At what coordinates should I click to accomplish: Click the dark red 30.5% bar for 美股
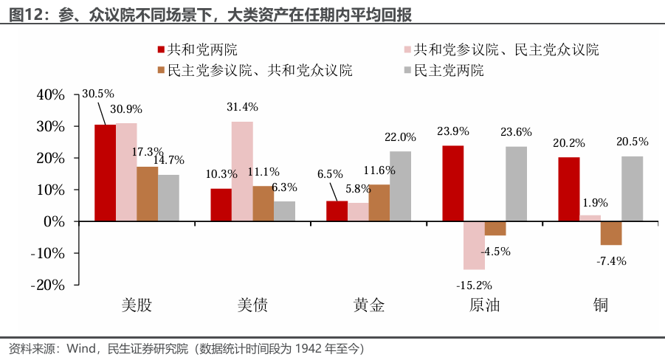point(105,173)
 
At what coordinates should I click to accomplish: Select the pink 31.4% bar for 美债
point(242,172)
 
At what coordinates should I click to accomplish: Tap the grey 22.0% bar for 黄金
point(400,187)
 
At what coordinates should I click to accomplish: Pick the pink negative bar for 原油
point(474,245)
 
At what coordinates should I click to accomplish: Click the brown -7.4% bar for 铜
point(610,233)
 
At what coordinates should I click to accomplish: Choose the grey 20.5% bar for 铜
point(632,189)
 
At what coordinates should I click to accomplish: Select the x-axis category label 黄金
point(369,305)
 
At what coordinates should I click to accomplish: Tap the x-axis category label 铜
point(600,305)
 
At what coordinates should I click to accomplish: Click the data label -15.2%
point(473,285)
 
